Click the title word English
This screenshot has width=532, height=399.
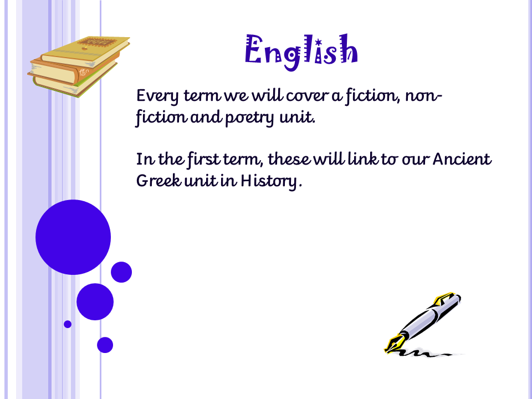301,52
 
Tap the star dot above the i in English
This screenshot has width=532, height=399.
318,43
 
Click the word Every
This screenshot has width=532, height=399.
157,96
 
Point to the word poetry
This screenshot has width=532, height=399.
249,118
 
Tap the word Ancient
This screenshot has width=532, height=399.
462,159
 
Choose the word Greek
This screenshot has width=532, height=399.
159,180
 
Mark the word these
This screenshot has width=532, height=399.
289,158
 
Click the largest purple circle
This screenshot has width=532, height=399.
73,237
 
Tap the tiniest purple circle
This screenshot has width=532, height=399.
68,324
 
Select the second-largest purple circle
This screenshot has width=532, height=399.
95,301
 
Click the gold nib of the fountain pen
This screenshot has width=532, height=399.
393,343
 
